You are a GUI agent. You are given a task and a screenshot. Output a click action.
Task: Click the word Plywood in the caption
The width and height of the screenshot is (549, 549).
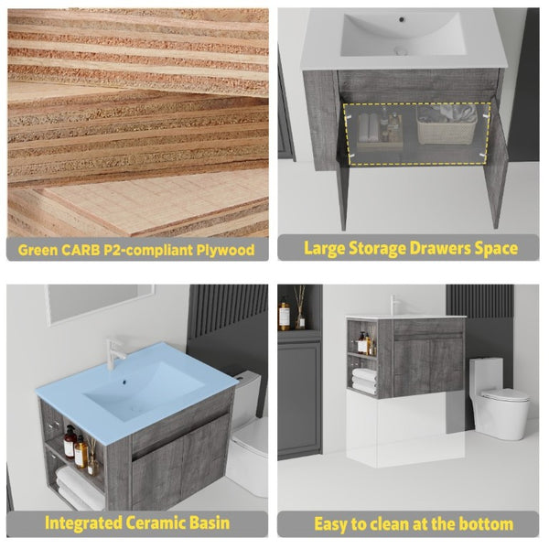click(x=225, y=250)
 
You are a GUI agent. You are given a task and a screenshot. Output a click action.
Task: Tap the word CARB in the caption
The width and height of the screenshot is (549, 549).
click(x=81, y=250)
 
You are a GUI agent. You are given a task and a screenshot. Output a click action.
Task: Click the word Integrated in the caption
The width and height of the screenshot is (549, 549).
click(x=83, y=522)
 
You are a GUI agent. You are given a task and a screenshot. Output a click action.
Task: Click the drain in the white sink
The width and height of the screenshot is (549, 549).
click(x=401, y=50)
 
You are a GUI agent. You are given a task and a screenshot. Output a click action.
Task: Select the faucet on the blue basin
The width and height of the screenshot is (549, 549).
click(x=115, y=353)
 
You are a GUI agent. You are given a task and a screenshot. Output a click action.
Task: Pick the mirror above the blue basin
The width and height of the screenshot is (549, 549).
click(x=101, y=303)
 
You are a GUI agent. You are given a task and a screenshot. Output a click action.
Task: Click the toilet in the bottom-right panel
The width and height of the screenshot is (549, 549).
click(x=498, y=399)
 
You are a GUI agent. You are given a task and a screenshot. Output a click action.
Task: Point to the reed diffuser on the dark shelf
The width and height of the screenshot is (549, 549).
click(x=300, y=307)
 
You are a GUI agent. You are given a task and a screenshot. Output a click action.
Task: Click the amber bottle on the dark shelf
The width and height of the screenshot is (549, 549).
click(x=284, y=316)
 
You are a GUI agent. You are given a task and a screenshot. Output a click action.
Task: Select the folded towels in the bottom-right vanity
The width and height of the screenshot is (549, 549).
click(x=364, y=381)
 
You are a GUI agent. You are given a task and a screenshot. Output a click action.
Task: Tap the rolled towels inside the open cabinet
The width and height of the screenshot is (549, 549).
click(x=369, y=128)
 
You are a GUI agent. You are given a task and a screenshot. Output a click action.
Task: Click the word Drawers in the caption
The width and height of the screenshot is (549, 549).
click(x=440, y=248)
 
